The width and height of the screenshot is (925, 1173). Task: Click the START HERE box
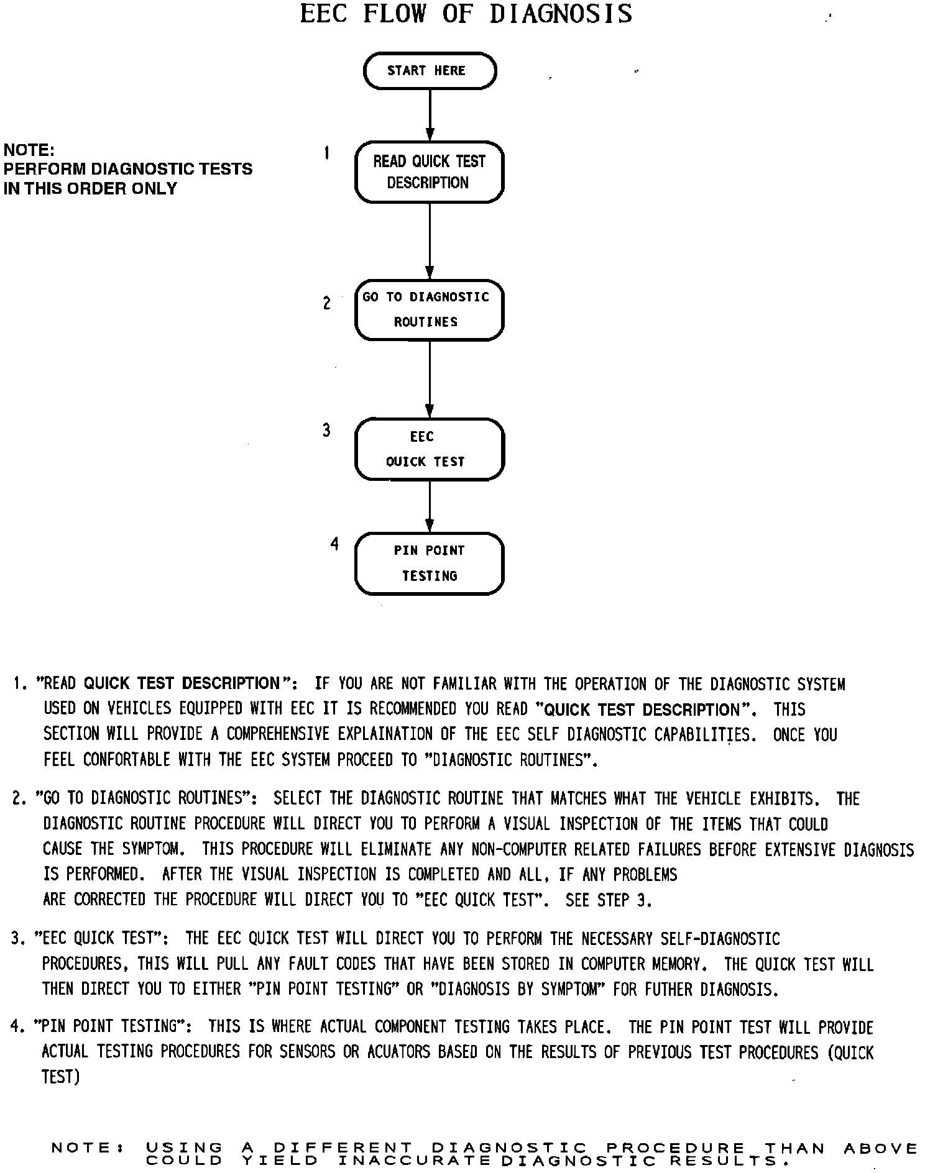pyautogui.click(x=430, y=71)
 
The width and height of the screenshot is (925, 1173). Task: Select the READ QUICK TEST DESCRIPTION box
pyautogui.click(x=429, y=172)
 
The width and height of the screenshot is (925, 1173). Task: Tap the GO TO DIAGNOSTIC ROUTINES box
pyautogui.click(x=429, y=309)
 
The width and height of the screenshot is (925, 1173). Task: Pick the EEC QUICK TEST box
pyautogui.click(x=429, y=449)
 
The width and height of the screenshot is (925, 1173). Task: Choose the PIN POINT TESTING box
pyautogui.click(x=429, y=564)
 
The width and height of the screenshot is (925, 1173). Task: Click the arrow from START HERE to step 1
pyautogui.click(x=430, y=115)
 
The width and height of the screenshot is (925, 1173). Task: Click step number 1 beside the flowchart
pyautogui.click(x=327, y=153)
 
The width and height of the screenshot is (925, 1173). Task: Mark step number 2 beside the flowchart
pyautogui.click(x=327, y=303)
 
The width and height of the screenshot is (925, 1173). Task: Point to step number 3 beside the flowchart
pyautogui.click(x=327, y=430)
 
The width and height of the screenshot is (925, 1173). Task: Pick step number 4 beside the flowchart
pyautogui.click(x=334, y=544)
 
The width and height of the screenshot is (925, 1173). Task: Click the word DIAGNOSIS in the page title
pyautogui.click(x=561, y=14)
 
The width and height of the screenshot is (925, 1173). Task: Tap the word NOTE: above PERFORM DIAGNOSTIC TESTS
pyautogui.click(x=29, y=150)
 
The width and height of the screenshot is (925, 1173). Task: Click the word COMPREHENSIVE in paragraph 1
pyautogui.click(x=278, y=734)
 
